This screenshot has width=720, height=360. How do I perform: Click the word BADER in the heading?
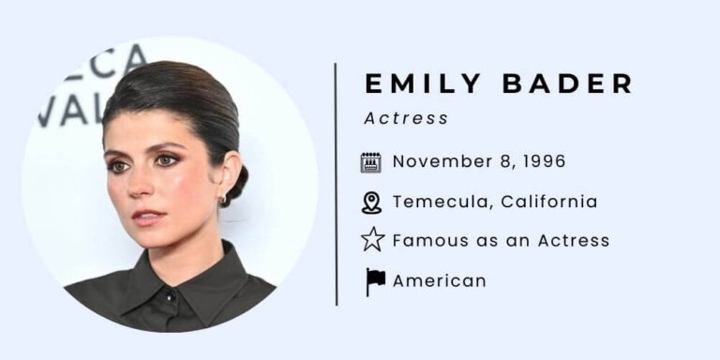568,83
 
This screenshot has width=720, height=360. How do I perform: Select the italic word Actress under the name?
406,118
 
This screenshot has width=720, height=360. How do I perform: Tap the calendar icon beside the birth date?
371,161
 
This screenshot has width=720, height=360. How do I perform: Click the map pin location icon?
371,202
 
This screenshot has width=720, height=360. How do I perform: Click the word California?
549,202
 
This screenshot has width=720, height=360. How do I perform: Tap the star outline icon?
372,241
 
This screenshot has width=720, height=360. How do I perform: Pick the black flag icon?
375,280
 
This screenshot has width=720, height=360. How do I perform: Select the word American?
440,280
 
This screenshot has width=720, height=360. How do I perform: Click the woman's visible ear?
226,179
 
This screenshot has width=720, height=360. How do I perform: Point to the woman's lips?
145,217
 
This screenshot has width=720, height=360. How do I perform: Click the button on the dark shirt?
171,296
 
